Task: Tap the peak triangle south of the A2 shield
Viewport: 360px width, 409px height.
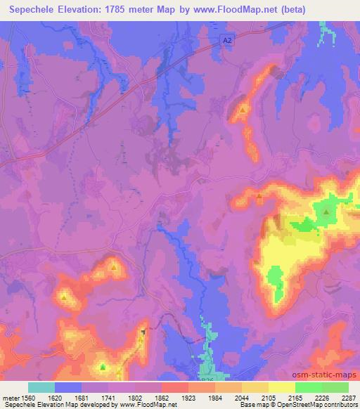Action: click(x=243, y=110)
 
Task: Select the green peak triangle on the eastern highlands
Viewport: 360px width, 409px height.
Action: click(x=326, y=212)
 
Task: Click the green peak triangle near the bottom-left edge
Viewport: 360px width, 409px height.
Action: click(x=103, y=367)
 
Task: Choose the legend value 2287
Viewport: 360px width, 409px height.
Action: click(x=349, y=396)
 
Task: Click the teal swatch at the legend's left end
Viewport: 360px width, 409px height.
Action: click(x=41, y=387)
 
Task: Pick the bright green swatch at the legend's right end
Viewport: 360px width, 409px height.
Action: click(x=335, y=387)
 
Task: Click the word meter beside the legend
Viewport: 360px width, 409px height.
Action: click(x=10, y=396)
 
